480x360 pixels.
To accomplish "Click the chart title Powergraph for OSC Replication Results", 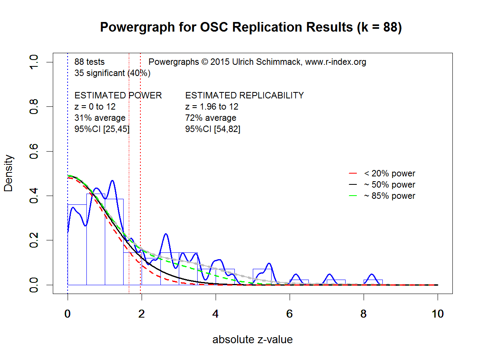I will pyautogui.click(x=250, y=27).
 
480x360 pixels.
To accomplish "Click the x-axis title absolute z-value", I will pyautogui.click(x=252, y=340).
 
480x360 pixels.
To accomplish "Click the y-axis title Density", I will pyautogui.click(x=9, y=173).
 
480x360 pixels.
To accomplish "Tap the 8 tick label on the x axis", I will pyautogui.click(x=364, y=314).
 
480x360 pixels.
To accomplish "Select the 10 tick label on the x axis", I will pyautogui.click(x=438, y=314).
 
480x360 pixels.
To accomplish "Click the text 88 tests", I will pyautogui.click(x=90, y=62).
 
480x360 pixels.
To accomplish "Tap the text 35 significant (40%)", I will pyautogui.click(x=112, y=73).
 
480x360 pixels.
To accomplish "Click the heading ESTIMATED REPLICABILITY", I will pyautogui.click(x=244, y=96).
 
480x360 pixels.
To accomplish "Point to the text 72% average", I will pyautogui.click(x=210, y=118).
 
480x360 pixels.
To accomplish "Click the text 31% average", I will pyautogui.click(x=100, y=118).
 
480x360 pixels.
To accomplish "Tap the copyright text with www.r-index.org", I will pyautogui.click(x=257, y=62).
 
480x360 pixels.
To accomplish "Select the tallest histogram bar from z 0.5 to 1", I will pyautogui.click(x=96, y=240).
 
